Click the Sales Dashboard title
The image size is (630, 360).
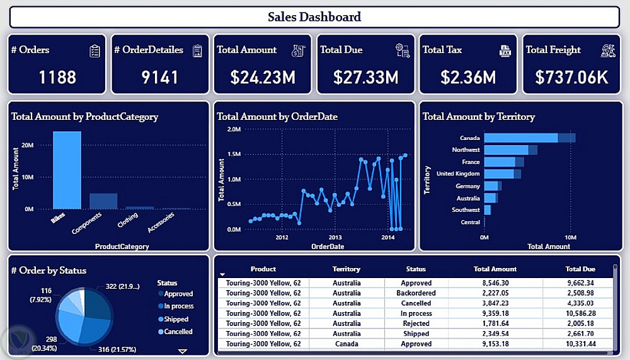tap(314, 17)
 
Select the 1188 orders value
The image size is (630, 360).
tap(57, 78)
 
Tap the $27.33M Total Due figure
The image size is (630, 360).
tap(366, 78)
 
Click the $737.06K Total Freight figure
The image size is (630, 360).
tap(571, 78)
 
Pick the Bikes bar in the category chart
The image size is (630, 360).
tap(67, 170)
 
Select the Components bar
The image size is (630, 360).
tap(103, 200)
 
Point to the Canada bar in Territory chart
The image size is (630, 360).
tap(521, 137)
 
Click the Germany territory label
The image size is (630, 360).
tap(468, 186)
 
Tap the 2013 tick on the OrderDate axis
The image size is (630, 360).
tap(335, 237)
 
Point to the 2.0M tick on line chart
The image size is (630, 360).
tap(233, 129)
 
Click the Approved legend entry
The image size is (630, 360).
tap(178, 294)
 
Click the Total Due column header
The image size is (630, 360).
tap(580, 269)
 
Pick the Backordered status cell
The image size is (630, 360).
tap(416, 293)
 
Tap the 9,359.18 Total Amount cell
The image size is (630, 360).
tap(495, 313)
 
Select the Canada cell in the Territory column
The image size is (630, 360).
tap(346, 344)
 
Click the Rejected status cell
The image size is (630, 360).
tap(416, 323)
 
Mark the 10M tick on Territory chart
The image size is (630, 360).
tap(570, 238)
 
